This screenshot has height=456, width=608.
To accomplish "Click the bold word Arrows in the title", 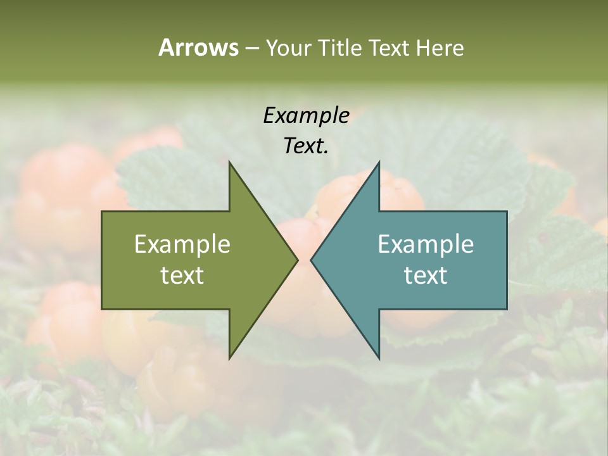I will coord(198,47).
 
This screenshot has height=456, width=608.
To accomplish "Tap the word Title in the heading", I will coord(340,48).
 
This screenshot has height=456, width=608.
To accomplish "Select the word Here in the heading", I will coord(440,48).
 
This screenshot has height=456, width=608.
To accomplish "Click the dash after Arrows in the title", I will coord(251,49).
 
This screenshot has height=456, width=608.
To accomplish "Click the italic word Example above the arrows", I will coord(306,115).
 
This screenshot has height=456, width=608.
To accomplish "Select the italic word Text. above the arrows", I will coord(306,146).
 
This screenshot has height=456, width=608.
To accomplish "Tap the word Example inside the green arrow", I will coord(182,244).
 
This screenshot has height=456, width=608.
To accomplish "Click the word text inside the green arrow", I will coord(182,275).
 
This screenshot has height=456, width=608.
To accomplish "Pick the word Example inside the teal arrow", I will coord(426,244).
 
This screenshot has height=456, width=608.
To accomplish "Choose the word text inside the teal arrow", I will coord(426,275).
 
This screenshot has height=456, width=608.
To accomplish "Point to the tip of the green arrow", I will coord(298,260).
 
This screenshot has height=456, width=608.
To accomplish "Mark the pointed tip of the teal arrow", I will coord(311,260).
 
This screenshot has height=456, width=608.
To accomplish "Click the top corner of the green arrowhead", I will coord(229,162).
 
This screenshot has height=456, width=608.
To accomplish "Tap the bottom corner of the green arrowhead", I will coord(229,358).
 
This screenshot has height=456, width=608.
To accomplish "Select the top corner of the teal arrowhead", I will coord(379,162).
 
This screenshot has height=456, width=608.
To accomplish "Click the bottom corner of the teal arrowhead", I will coord(379,358).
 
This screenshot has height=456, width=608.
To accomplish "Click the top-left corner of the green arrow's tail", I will coord(102,212).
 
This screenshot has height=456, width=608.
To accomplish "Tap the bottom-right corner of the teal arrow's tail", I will coord(507,308).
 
